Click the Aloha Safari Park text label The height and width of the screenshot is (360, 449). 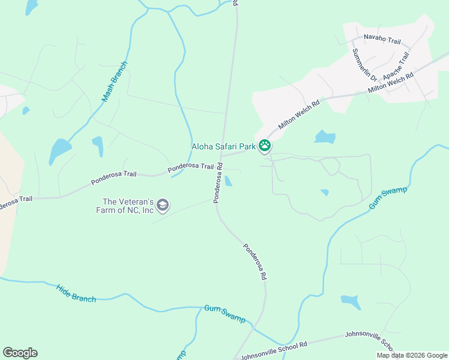point(223,146)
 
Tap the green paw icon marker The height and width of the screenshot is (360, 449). point(265,146)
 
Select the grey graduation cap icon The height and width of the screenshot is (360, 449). point(162,206)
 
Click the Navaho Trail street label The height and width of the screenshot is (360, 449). point(382,40)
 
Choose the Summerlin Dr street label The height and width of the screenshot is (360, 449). point(364,65)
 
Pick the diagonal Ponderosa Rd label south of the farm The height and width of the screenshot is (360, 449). point(255,262)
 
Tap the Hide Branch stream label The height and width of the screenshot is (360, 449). point(76,293)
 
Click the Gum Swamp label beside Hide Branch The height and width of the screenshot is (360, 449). point(224,314)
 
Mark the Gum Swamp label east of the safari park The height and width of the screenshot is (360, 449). point(388,197)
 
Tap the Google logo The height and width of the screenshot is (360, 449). point(20,353)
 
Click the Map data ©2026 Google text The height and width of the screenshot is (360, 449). point(412,355)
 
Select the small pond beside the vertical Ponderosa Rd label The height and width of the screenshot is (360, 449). point(229,181)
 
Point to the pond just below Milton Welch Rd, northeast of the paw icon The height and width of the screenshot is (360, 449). point(325,137)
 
